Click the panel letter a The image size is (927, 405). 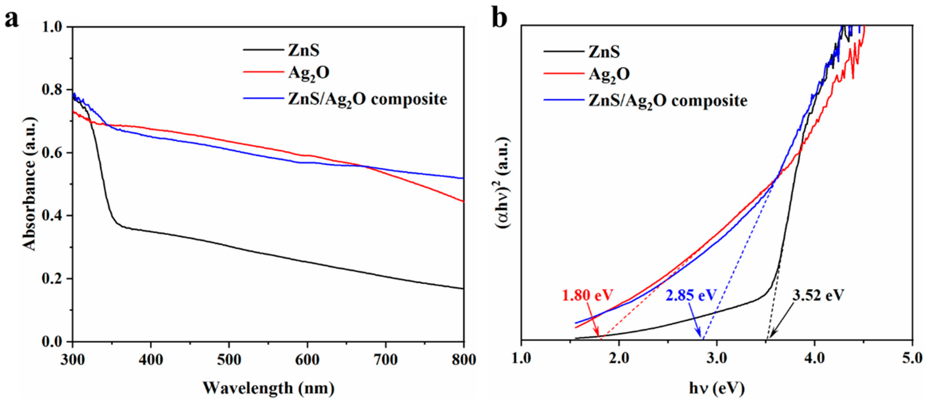coord(12,19)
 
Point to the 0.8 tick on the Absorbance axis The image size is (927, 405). coord(54,90)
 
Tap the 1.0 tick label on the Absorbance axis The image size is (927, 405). coord(54,27)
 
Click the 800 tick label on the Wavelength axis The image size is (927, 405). coord(463,359)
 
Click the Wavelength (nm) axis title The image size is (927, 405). coord(268,388)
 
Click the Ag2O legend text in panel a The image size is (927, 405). coord(309,74)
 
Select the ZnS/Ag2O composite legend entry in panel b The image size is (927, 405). coord(667,100)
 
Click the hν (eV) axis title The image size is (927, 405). coord(716,388)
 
